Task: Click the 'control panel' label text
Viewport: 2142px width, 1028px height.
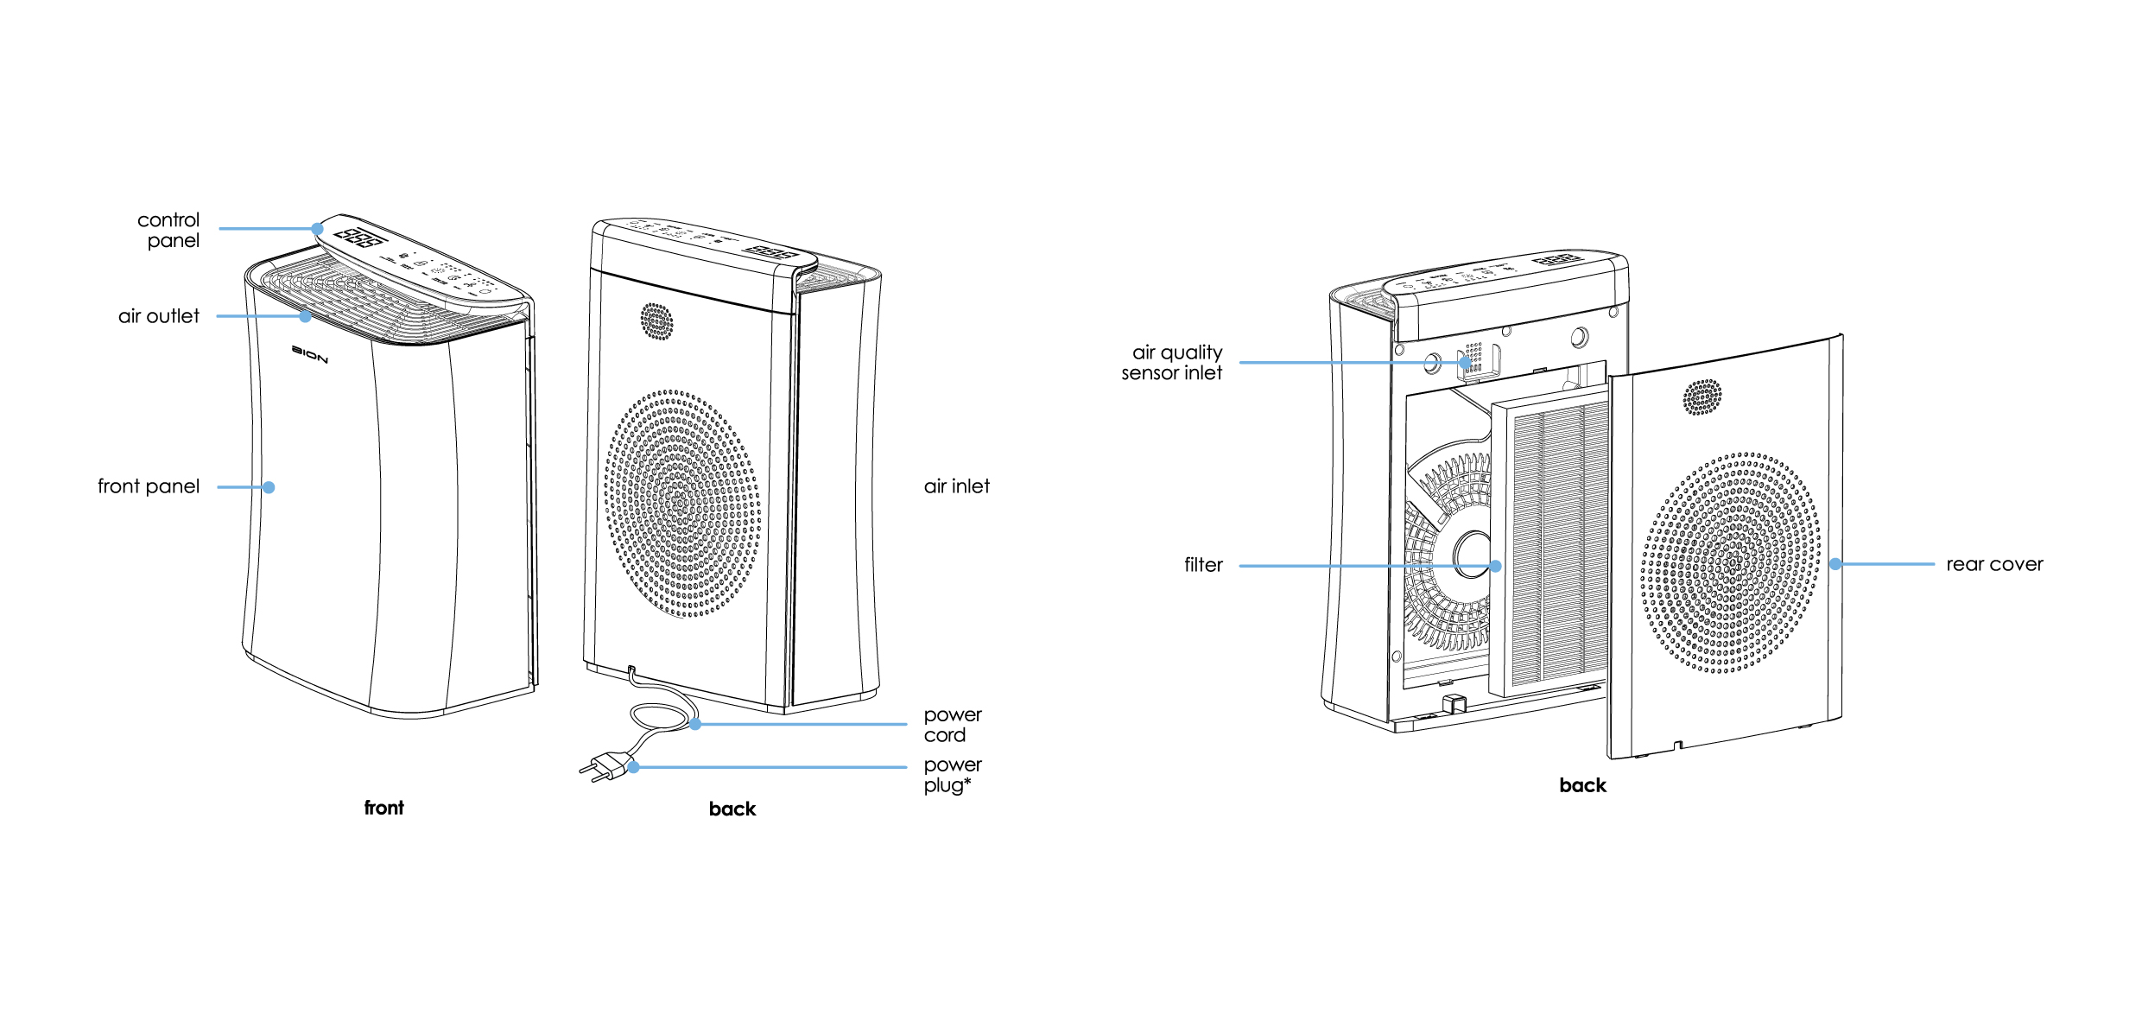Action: pyautogui.click(x=169, y=231)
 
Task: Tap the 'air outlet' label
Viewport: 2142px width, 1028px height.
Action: pyautogui.click(x=159, y=316)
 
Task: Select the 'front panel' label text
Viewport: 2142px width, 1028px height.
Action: pyautogui.click(x=149, y=486)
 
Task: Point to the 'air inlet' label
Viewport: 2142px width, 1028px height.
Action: pyautogui.click(x=956, y=486)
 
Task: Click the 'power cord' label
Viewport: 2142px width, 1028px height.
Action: pyautogui.click(x=952, y=725)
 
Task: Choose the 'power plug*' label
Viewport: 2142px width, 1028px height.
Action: pyautogui.click(x=952, y=775)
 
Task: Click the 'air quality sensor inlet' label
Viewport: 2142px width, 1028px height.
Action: pyautogui.click(x=1172, y=363)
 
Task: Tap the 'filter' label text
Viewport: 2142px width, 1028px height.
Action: pyautogui.click(x=1203, y=565)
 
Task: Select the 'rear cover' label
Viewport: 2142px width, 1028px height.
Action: pyautogui.click(x=1994, y=565)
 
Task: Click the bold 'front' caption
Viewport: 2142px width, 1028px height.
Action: pyautogui.click(x=383, y=808)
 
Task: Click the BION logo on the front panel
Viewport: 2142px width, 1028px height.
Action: pyautogui.click(x=309, y=354)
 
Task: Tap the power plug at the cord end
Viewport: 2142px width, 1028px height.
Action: pyautogui.click(x=604, y=767)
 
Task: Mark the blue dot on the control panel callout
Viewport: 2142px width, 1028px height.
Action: pyautogui.click(x=318, y=229)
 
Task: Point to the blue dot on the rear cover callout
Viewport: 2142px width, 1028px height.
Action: pyautogui.click(x=1835, y=564)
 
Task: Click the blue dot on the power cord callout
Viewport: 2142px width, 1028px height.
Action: pyautogui.click(x=695, y=724)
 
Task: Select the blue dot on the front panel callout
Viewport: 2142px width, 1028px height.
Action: pyautogui.click(x=269, y=487)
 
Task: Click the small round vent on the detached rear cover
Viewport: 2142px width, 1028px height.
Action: pyautogui.click(x=1702, y=397)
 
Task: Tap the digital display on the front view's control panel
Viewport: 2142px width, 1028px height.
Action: pyautogui.click(x=358, y=237)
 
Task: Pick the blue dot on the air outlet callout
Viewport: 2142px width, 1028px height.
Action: pyautogui.click(x=305, y=316)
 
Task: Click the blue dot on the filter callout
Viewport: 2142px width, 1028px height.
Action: pyautogui.click(x=1495, y=566)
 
